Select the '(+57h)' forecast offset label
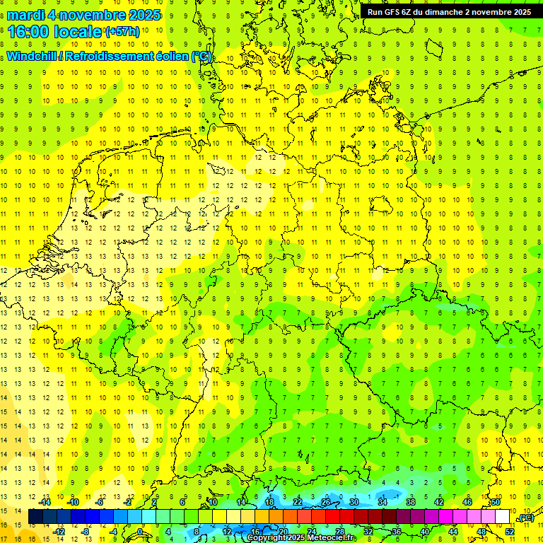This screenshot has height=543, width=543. coord(122,32)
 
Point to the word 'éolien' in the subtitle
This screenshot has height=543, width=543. coord(167,56)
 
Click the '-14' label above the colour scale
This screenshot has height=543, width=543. coord(45,502)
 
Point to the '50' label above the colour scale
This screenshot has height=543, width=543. coord(496,502)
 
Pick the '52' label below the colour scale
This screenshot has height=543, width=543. coord(510,531)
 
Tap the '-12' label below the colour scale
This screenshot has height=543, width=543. coord(59,531)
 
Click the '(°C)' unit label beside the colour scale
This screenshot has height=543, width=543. coord(525,518)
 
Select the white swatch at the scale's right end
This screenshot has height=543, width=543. coord(503,517)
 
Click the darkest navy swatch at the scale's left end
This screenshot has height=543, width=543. coord(35,517)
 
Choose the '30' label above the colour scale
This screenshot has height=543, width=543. coord(354,502)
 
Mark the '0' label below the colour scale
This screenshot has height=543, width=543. coord(140,531)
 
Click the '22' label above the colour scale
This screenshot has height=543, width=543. coord(298,502)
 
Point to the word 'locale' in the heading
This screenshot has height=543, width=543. coord(79,32)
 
